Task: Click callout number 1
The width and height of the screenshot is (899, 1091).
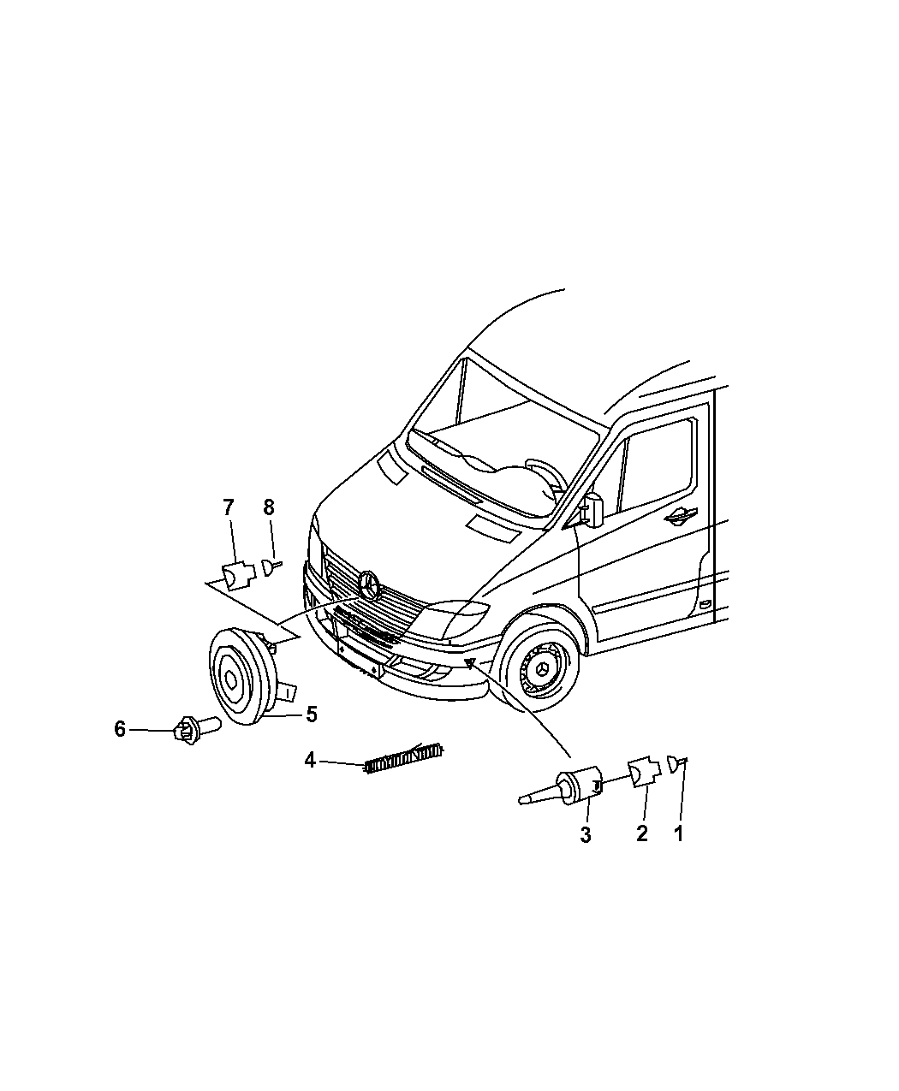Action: click(678, 833)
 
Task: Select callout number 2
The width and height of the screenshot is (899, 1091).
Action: click(641, 833)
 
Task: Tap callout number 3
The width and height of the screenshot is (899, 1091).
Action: click(586, 835)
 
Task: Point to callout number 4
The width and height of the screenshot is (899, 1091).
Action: click(310, 760)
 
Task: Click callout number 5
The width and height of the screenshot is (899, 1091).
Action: click(312, 714)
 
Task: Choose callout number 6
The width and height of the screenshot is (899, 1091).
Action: click(120, 729)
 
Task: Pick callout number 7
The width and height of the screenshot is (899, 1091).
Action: click(229, 507)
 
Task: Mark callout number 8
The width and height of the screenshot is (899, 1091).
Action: click(268, 507)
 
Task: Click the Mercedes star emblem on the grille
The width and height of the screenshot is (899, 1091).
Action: click(370, 585)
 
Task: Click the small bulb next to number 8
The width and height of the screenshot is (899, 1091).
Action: click(271, 567)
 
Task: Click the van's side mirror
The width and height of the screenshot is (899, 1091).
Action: click(593, 508)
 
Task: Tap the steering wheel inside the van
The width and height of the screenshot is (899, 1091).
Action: click(546, 477)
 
